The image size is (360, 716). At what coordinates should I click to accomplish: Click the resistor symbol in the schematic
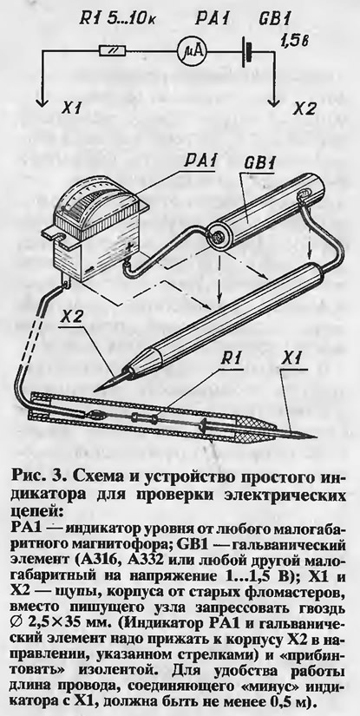pos(112,51)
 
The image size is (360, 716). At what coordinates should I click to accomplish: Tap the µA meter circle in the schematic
pos(192,51)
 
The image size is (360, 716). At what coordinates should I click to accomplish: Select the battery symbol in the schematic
pos(247,51)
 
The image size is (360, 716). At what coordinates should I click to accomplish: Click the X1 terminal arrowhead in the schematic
pos(42,102)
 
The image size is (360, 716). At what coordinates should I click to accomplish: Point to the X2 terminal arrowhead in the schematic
pos(274,102)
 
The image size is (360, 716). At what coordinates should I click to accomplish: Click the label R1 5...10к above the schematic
pos(120,19)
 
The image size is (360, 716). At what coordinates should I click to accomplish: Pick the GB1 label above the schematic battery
pos(274,19)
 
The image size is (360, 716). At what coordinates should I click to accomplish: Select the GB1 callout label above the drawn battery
pos(259,163)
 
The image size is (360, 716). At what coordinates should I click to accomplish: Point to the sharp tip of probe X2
pos(95,391)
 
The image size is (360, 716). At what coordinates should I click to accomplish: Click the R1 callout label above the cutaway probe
pos(232,359)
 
